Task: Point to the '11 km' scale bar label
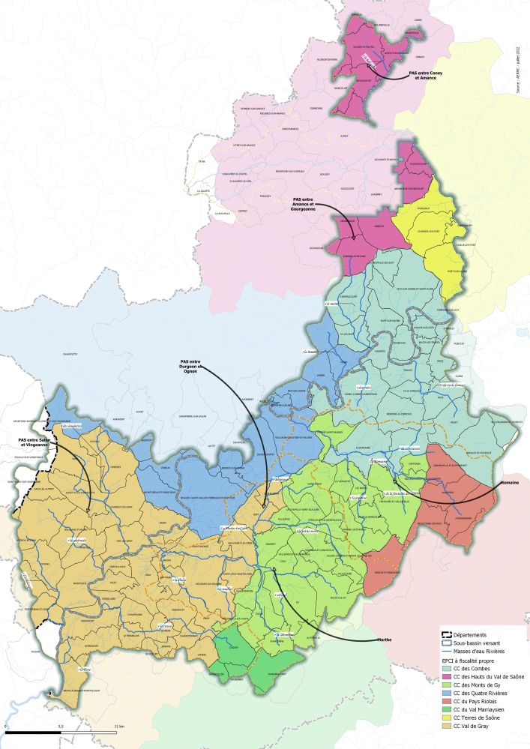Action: [120, 727]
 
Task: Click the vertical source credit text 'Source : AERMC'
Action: [517, 75]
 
